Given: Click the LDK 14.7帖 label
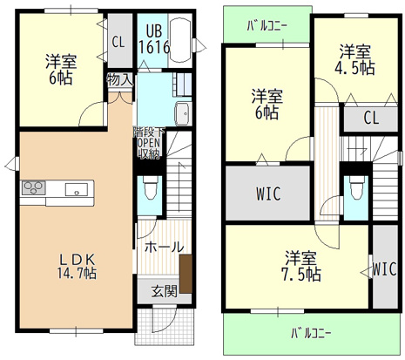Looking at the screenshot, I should point(77,264).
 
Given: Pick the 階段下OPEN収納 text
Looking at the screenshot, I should point(147,143).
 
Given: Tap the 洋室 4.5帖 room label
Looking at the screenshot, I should point(357,59).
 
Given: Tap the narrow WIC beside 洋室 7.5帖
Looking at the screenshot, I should point(384,270).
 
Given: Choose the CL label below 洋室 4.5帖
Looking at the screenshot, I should point(370,117).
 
